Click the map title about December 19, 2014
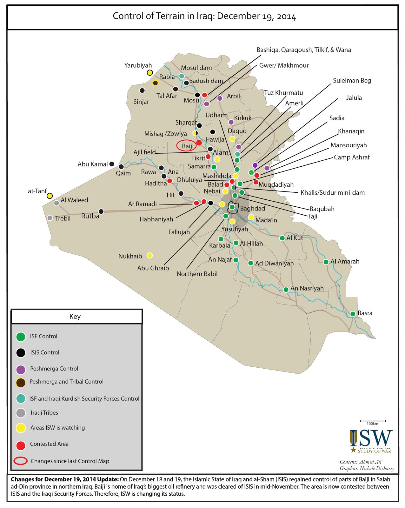tap(204, 16)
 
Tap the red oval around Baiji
tap(187, 146)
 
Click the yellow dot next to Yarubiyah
tap(150, 73)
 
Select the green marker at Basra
tap(353, 314)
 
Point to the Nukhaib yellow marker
tap(150, 256)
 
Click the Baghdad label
tap(252, 209)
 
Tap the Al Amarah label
tap(345, 262)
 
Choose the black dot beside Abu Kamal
tap(112, 164)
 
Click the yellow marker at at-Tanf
tap(50, 196)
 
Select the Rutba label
tap(90, 216)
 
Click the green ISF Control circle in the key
tap(21, 337)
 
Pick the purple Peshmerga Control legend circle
tap(21, 369)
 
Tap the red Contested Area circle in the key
tap(21, 445)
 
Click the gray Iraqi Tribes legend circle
tap(21, 413)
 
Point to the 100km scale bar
tap(373, 421)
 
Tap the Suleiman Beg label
tap(352, 81)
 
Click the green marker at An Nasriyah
tap(286, 289)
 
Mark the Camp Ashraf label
tap(352, 157)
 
